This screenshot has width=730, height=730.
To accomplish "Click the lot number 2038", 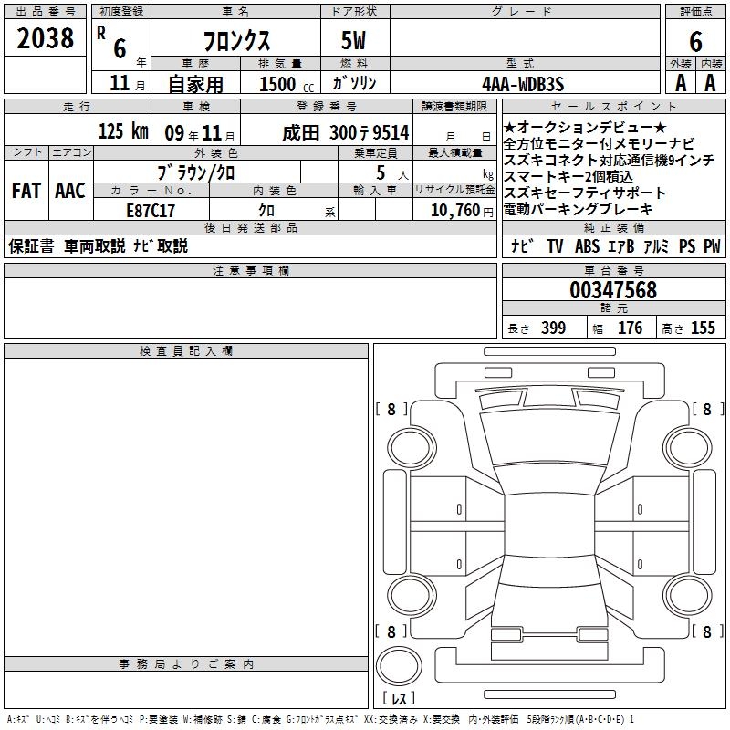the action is click(45, 38).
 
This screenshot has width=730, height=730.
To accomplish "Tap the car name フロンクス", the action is click(236, 41).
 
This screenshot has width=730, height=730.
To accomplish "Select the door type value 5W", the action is click(353, 40).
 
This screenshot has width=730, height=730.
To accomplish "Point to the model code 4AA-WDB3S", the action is click(523, 84).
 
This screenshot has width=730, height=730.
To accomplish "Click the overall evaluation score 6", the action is click(695, 42).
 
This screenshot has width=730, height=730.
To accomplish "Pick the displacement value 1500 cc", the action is click(287, 84).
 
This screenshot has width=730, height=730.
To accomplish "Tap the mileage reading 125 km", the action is click(123, 130).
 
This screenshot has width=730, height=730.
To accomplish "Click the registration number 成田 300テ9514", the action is click(346, 132).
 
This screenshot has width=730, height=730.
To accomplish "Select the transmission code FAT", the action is click(26, 191).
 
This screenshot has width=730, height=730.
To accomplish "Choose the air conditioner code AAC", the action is click(70, 191).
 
